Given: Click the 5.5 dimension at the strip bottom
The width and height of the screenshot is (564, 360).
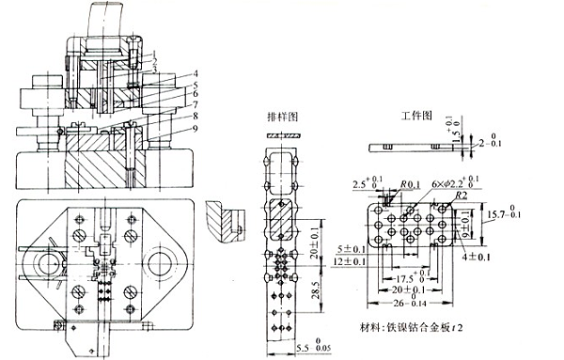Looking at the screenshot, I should tap(276, 349).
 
